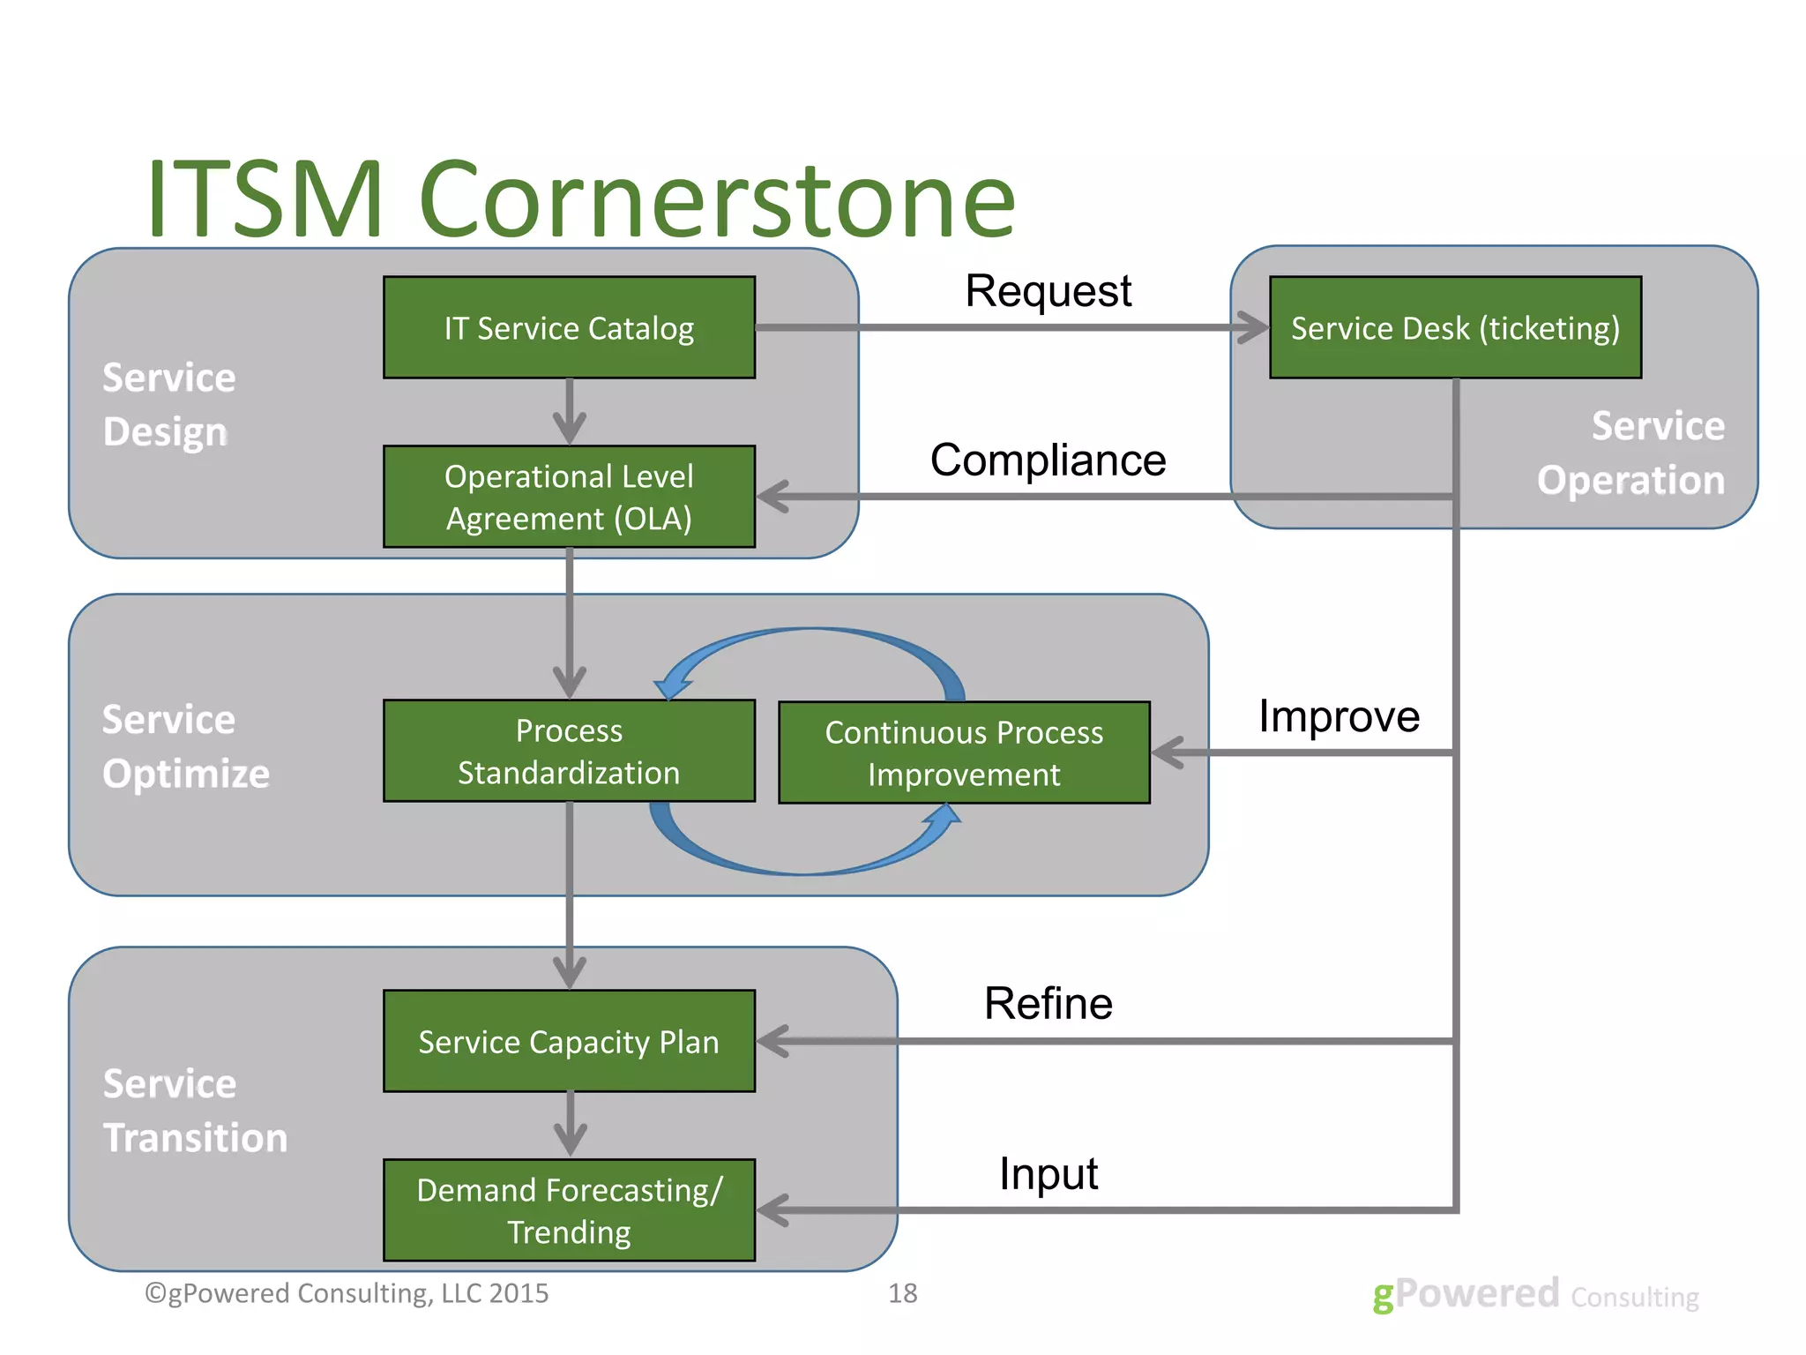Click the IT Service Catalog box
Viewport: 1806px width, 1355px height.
pyautogui.click(x=569, y=327)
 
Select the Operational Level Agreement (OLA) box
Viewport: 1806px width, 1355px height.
pyautogui.click(x=569, y=497)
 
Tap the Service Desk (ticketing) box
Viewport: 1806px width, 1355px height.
pyautogui.click(x=1455, y=327)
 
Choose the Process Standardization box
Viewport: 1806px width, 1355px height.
pyautogui.click(x=569, y=751)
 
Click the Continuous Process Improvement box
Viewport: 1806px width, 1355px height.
pyautogui.click(x=964, y=752)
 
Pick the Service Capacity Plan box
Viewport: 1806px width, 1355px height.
pyautogui.click(x=569, y=1041)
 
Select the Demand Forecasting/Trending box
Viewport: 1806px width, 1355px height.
pyautogui.click(x=569, y=1210)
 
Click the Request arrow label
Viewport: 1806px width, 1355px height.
pyautogui.click(x=1048, y=291)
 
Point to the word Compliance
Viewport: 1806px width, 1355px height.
pyautogui.click(x=1048, y=460)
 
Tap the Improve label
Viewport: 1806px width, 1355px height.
pyautogui.click(x=1339, y=715)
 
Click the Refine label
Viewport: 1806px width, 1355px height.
pyautogui.click(x=1048, y=1004)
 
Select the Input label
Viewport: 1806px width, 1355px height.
pyautogui.click(x=1048, y=1174)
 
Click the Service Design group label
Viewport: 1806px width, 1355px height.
pyautogui.click(x=168, y=405)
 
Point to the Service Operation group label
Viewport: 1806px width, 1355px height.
pyautogui.click(x=1631, y=453)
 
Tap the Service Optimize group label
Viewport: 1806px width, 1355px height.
pyautogui.click(x=185, y=747)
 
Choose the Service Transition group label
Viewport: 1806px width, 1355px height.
pyautogui.click(x=195, y=1111)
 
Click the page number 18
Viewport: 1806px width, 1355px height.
pyautogui.click(x=902, y=1293)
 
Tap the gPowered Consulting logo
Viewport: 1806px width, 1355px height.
pyautogui.click(x=1534, y=1295)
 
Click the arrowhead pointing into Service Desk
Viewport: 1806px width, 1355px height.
pyautogui.click(x=1252, y=327)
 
